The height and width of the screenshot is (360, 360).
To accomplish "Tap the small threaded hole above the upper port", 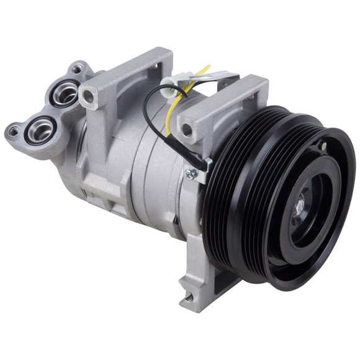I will [x=76, y=70].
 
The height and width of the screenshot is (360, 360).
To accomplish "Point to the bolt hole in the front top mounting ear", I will [x=185, y=130].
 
